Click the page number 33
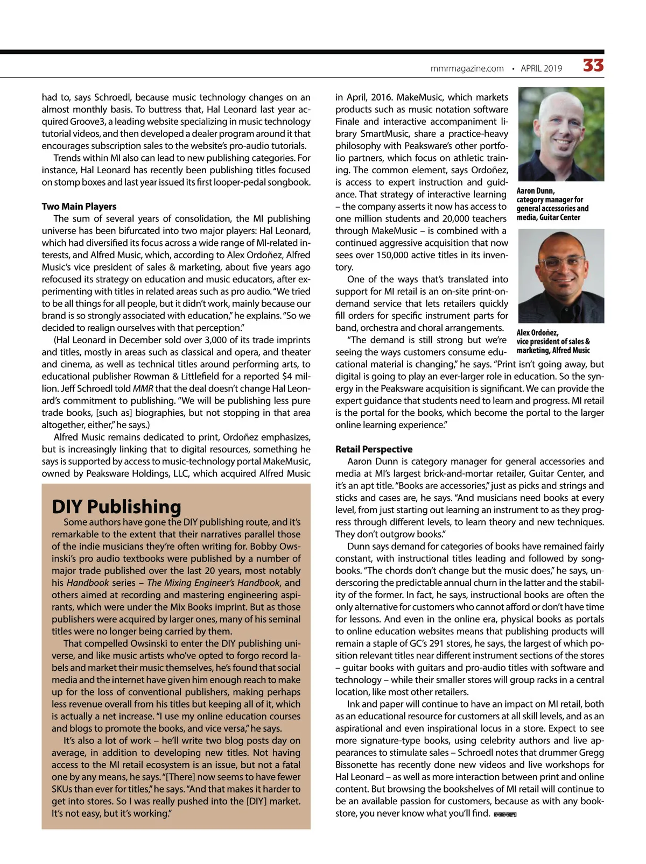click(x=593, y=66)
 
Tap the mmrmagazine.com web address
click(x=467, y=68)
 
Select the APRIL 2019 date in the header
click(x=541, y=68)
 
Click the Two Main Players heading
click(x=79, y=206)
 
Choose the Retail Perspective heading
click(x=374, y=449)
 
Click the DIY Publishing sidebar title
click(x=116, y=506)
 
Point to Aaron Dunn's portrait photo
click(x=560, y=134)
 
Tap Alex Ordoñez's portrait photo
click(x=560, y=275)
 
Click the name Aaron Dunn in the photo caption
click(x=535, y=190)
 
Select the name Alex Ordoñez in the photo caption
click(x=537, y=332)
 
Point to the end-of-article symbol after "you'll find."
click(x=504, y=815)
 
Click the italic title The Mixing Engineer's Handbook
click(x=213, y=583)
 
